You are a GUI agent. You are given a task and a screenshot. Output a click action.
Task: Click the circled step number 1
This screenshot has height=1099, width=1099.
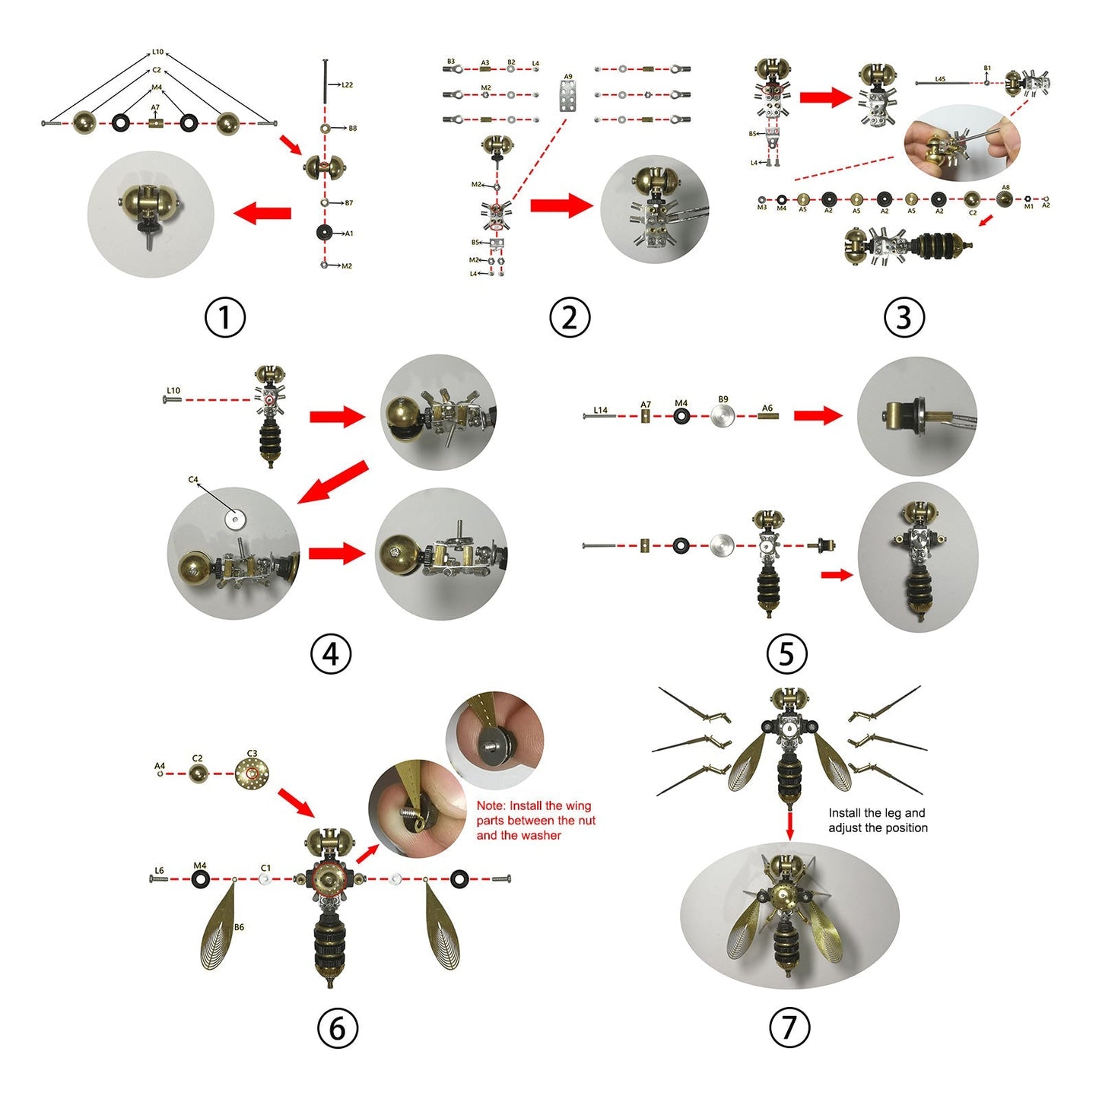[x=225, y=317]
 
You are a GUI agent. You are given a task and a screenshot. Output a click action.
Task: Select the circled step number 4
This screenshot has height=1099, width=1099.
[x=331, y=653]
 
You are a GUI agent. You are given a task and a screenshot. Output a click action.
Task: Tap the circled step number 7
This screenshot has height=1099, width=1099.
[x=789, y=1028]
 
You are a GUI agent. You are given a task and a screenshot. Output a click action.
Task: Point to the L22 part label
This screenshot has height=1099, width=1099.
[x=347, y=85]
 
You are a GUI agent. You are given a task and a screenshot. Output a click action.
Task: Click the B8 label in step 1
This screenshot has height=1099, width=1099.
[x=352, y=129]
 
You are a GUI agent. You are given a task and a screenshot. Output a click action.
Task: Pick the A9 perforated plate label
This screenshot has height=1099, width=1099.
[x=568, y=77]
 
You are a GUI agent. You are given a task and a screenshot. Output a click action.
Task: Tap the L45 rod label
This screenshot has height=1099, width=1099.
[x=940, y=79]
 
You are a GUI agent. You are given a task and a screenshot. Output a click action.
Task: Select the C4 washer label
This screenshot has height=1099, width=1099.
[x=193, y=480]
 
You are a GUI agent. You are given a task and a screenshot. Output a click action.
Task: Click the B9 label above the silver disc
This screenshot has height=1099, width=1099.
[x=723, y=399]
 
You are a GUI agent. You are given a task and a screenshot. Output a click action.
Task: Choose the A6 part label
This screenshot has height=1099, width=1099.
[x=767, y=408]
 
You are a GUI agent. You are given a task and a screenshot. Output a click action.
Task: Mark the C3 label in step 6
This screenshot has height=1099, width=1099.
[x=252, y=754]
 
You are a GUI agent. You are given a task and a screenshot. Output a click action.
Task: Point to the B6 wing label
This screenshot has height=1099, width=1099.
[x=240, y=927]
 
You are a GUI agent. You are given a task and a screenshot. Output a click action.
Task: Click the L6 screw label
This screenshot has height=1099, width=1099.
[x=159, y=871]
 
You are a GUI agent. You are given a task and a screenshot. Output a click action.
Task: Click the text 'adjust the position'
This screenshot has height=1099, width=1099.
[x=878, y=827]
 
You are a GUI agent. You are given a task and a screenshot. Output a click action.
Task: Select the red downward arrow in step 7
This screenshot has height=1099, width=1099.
[x=789, y=825]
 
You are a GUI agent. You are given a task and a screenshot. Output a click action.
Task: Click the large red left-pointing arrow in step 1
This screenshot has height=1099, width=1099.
[x=262, y=214]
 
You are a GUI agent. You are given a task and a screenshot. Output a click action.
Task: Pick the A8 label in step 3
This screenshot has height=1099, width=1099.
[x=1005, y=187]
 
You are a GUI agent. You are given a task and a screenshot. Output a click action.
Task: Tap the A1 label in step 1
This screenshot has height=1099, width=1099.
[x=348, y=233]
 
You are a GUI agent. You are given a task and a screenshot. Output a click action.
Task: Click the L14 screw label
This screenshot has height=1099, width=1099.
[x=601, y=410]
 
